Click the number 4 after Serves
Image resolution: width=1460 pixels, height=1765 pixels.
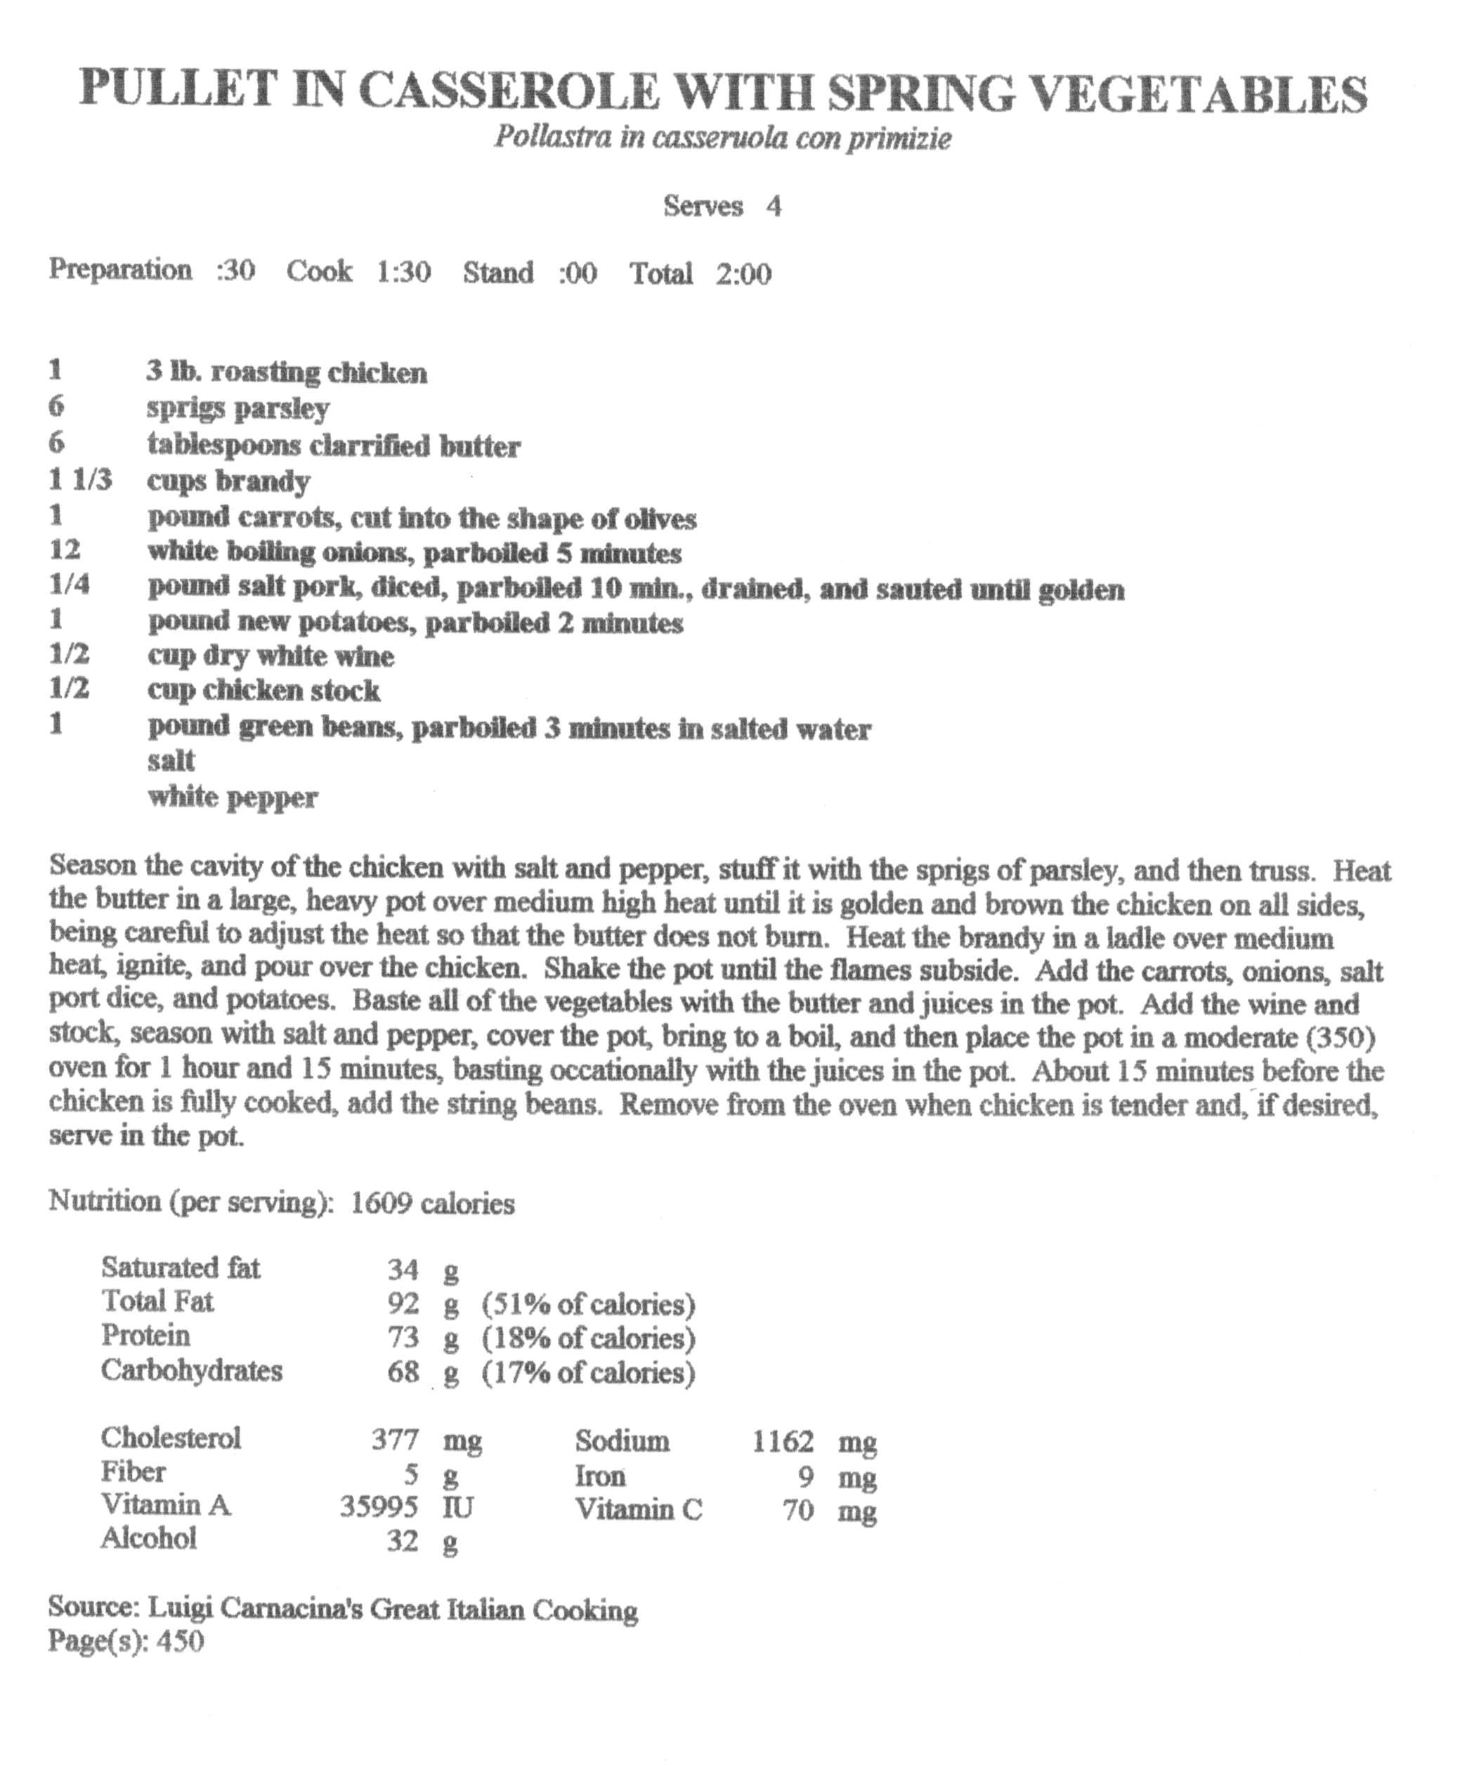[774, 206]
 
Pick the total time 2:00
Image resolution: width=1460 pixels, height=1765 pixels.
[743, 274]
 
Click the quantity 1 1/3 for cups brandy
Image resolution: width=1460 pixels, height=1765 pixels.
[80, 481]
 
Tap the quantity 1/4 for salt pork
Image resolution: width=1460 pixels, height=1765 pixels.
[69, 585]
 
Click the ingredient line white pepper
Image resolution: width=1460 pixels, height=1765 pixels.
[233, 797]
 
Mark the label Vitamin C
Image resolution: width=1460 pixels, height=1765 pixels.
[638, 1511]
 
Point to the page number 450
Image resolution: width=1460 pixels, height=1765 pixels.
[180, 1641]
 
